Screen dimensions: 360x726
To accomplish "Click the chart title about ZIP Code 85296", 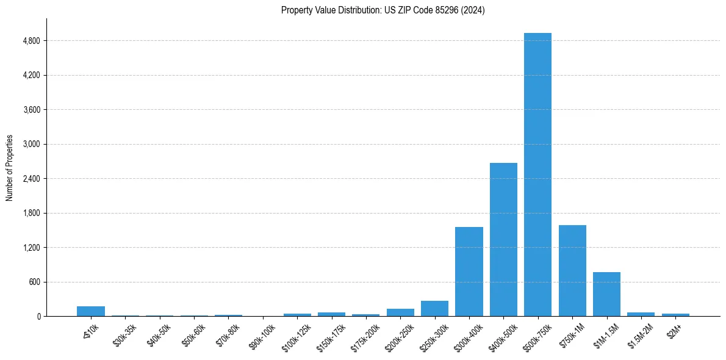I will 383,10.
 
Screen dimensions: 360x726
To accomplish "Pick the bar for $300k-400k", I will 469,272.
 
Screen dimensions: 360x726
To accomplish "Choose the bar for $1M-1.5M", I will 606,294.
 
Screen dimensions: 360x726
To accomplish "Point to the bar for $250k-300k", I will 434,308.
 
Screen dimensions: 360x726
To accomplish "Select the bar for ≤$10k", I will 91,311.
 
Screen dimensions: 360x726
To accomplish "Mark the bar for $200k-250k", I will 400,312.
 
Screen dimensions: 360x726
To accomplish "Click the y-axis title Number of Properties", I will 10,167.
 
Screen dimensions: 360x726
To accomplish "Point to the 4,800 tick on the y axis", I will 31,41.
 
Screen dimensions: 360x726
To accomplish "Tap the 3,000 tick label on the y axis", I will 31,145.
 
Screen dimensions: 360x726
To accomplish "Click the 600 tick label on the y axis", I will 35,283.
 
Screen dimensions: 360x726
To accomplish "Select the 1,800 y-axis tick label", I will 31,214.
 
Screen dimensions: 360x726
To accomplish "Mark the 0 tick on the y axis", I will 38,317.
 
